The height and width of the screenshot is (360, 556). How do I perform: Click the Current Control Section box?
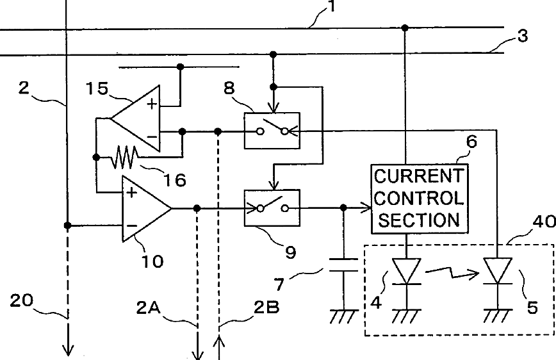420,199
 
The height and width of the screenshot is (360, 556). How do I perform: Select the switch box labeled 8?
272,131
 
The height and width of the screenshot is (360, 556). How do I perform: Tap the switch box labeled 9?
272,208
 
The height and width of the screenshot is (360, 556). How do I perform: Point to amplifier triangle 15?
135,119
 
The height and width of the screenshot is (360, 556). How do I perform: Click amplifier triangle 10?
147,209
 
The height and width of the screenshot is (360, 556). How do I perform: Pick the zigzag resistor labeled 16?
124,157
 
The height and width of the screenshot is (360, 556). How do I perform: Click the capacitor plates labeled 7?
343,265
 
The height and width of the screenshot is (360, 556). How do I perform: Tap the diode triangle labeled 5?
498,271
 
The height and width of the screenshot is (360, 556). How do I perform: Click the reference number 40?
544,222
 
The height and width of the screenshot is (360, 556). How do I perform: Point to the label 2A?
149,308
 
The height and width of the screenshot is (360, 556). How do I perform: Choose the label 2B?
266,307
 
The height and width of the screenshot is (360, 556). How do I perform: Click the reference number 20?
22,301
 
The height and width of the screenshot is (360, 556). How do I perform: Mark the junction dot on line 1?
405,28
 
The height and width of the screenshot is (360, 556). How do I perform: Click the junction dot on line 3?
273,54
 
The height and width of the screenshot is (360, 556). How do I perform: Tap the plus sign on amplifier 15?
152,104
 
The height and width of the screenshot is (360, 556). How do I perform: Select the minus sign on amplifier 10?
131,225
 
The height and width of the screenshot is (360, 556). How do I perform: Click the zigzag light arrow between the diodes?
452,273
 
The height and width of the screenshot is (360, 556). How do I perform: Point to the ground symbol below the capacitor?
343,316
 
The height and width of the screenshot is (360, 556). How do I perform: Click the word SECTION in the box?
419,220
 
